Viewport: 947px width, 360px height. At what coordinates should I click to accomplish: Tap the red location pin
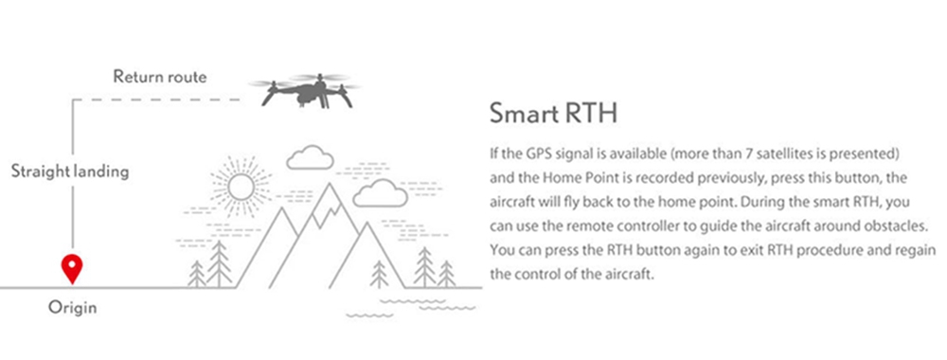tap(70, 269)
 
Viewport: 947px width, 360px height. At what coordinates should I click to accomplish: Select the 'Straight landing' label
tap(70, 172)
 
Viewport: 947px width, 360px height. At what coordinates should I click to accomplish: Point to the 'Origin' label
tap(73, 308)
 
